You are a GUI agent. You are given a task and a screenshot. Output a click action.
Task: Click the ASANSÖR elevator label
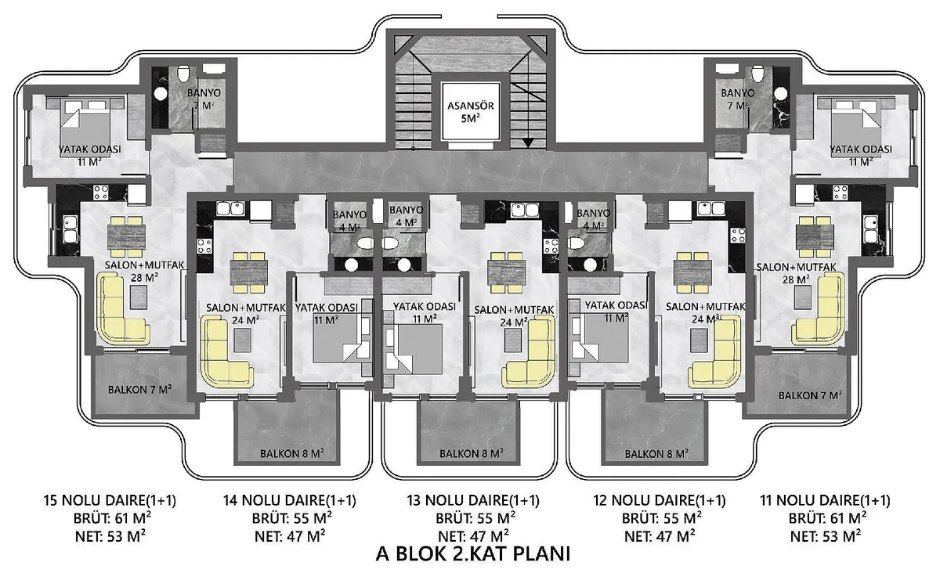coord(470,106)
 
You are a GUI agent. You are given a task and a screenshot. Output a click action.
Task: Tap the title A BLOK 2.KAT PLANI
coord(473,554)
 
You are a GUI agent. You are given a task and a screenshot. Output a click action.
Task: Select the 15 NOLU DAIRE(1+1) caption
coord(110,500)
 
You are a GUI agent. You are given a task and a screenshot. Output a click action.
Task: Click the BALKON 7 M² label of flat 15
coord(139,389)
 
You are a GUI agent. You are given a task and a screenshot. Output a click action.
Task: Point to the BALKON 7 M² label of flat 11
coord(810,395)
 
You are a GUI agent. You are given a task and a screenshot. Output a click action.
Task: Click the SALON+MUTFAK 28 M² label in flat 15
coord(144,271)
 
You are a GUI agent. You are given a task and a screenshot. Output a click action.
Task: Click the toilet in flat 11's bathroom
coord(757,74)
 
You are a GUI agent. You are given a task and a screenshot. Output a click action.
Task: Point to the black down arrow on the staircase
coord(527,142)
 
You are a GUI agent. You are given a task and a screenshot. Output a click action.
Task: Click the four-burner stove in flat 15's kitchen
coord(101,193)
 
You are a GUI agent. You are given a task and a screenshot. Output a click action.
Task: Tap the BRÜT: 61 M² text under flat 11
coord(826,518)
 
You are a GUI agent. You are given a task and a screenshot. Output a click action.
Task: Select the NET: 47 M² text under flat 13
coord(473,536)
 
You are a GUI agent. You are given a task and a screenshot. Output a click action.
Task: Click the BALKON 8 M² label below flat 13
coord(472,453)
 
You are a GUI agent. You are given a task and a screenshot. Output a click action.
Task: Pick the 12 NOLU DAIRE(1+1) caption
coord(660,500)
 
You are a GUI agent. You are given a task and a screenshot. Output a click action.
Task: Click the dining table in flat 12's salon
coord(692,272)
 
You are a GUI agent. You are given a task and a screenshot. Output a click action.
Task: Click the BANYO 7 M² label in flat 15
coord(204,99)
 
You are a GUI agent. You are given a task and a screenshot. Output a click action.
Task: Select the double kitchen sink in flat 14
coord(230,208)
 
